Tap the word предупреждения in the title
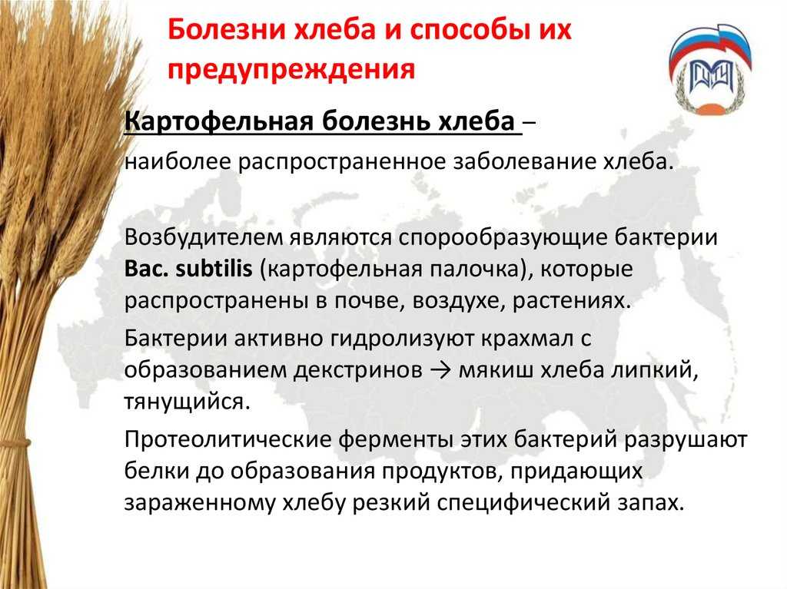[291, 69]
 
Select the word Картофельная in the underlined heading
[218, 121]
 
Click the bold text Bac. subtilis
[188, 270]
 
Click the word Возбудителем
[203, 238]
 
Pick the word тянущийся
[187, 402]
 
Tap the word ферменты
[396, 440]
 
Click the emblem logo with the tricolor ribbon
[709, 70]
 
